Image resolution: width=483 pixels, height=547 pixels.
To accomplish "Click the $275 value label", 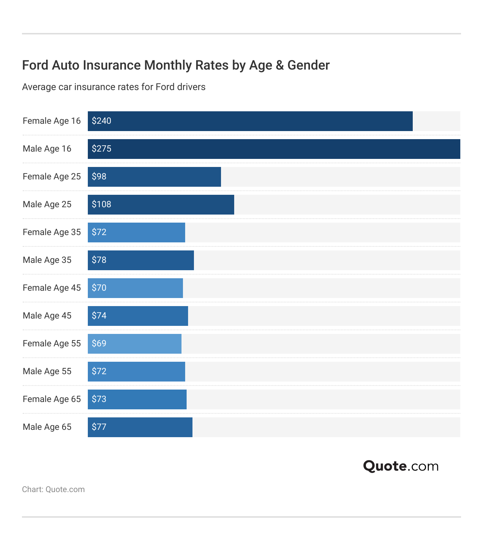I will click(x=101, y=149).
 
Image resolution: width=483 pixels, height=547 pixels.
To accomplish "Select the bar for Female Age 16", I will click(x=250, y=121).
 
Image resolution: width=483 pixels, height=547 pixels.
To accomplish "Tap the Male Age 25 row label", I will click(x=47, y=204).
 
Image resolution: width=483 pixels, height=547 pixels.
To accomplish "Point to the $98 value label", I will click(x=99, y=176).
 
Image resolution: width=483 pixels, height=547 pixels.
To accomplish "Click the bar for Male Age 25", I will click(x=161, y=205).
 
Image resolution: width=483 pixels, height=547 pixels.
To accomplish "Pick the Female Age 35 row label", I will click(x=52, y=232).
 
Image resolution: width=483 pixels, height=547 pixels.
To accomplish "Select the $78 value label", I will click(x=99, y=260).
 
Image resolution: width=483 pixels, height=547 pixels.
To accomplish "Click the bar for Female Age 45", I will click(x=135, y=288).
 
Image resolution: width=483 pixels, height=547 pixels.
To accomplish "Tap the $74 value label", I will click(x=99, y=316).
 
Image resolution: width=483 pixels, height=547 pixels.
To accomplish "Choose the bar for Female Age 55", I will click(x=135, y=344).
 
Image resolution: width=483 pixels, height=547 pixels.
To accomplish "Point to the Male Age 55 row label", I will click(x=47, y=371).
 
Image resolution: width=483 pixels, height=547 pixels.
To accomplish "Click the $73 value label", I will click(x=99, y=399).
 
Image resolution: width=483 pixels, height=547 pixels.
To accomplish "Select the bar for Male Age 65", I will click(x=140, y=427).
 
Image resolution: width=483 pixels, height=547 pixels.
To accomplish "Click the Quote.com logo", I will click(x=401, y=466).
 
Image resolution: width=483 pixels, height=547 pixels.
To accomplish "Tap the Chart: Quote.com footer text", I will click(x=53, y=490).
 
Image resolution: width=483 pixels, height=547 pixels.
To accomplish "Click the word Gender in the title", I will click(x=308, y=65).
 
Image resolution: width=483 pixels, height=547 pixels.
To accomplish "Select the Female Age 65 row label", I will click(x=52, y=399).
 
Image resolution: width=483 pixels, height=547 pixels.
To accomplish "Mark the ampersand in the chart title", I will click(x=280, y=65).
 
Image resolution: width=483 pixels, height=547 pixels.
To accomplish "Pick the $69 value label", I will click(x=99, y=343).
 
